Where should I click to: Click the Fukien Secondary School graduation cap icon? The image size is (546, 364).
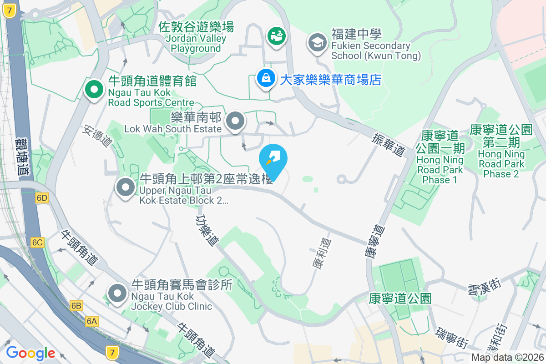(317, 43)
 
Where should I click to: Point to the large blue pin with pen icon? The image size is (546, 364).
(273, 160)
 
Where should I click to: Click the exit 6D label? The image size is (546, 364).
(42, 198)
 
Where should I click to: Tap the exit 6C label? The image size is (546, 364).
(37, 243)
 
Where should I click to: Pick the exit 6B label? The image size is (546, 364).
(76, 306)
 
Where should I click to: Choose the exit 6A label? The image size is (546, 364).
(92, 322)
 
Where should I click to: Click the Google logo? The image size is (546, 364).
(30, 353)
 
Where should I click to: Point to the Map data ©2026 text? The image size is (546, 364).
(507, 357)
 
